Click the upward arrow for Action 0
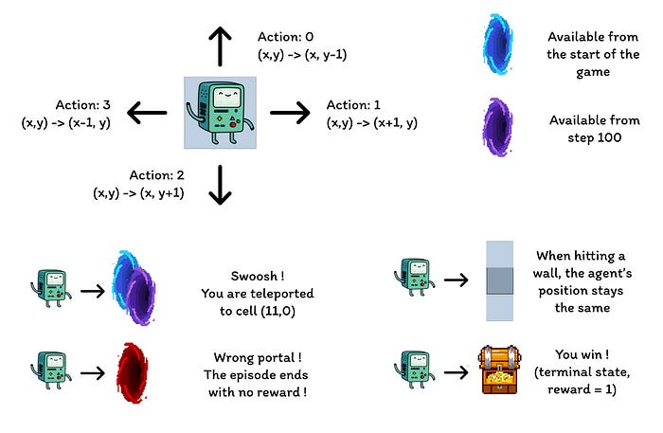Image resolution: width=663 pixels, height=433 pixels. click(220, 45)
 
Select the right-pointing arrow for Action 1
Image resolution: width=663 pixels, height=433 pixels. click(290, 114)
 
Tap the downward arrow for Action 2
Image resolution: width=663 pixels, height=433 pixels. click(220, 185)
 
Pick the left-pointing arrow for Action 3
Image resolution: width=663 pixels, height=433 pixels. click(148, 114)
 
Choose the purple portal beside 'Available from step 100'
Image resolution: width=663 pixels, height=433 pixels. click(497, 129)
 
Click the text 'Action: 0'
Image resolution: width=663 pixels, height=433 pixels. click(285, 37)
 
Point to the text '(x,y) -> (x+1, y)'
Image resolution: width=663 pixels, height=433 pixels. click(372, 122)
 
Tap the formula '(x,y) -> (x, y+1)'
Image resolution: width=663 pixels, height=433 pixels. click(139, 192)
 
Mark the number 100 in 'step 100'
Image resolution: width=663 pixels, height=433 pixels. click(605, 138)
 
